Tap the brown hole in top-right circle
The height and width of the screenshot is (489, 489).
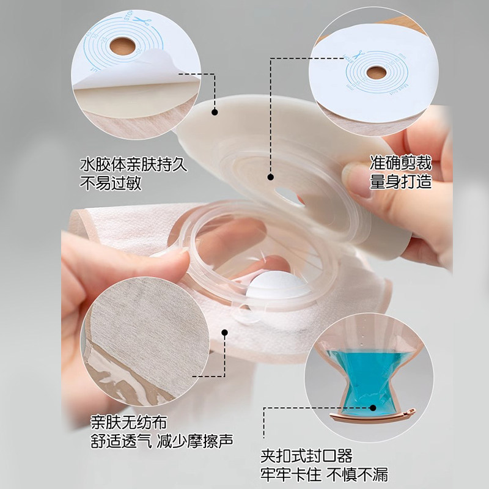(375, 73)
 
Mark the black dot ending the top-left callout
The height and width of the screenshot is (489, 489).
(215, 112)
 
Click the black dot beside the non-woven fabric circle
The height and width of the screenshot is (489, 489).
(224, 333)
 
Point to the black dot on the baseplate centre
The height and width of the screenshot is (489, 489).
(270, 176)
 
